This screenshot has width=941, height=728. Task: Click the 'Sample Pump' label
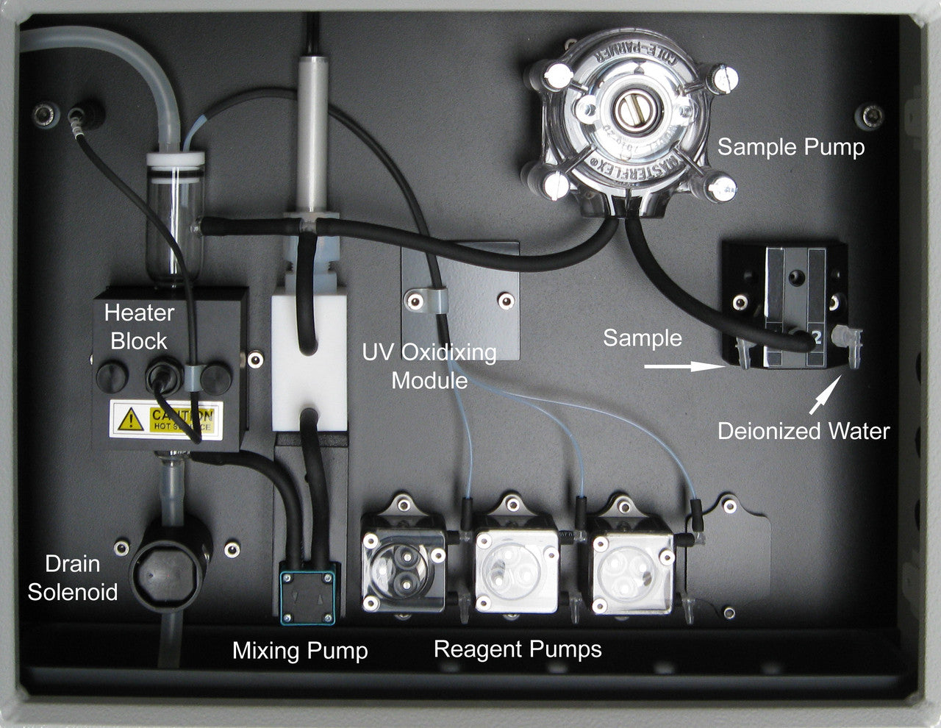coord(790,147)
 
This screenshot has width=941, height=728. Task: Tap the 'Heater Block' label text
coord(139,326)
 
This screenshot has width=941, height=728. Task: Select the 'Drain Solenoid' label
coord(72,578)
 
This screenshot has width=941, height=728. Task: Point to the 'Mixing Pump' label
coord(300,651)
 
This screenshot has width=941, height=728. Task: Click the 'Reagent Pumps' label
coord(518,649)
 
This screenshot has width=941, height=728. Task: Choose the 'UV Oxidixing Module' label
coord(429,366)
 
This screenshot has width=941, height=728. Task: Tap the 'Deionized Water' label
coord(804,431)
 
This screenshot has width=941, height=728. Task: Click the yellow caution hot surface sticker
coord(165,419)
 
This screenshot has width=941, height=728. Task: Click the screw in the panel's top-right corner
coord(873,114)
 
